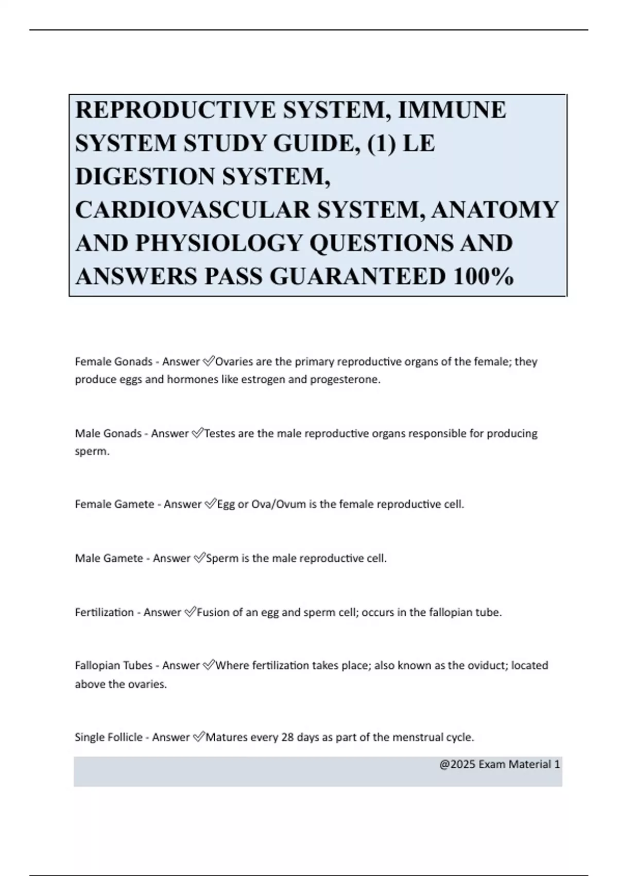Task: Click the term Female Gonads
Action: pos(114,362)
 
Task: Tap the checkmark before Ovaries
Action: pos(209,362)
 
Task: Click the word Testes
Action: pos(220,433)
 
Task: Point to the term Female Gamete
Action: pos(115,504)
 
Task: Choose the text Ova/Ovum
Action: pos(279,504)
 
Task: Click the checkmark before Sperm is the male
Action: pos(199,558)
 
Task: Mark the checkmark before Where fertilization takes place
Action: pos(209,665)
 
